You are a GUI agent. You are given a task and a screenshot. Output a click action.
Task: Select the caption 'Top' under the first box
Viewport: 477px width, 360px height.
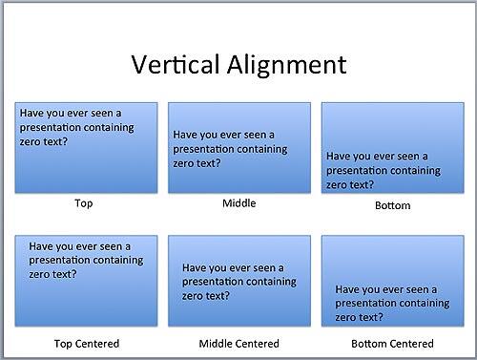coord(83,203)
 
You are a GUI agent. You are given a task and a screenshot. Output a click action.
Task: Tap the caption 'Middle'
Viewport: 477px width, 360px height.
coord(238,203)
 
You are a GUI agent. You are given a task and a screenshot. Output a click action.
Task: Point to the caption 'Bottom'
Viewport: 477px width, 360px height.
coord(392,205)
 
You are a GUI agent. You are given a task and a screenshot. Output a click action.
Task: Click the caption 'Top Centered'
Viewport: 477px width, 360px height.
coord(87,343)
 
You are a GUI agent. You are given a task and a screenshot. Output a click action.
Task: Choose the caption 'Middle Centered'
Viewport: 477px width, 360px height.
coord(238,343)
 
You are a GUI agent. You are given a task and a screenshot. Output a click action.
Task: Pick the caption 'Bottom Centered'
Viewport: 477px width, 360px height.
coord(392,343)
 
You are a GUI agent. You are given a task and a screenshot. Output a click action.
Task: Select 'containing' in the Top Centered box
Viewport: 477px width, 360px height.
coord(117,260)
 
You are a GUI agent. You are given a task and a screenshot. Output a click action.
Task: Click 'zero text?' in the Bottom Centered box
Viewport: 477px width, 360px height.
coord(360,317)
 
